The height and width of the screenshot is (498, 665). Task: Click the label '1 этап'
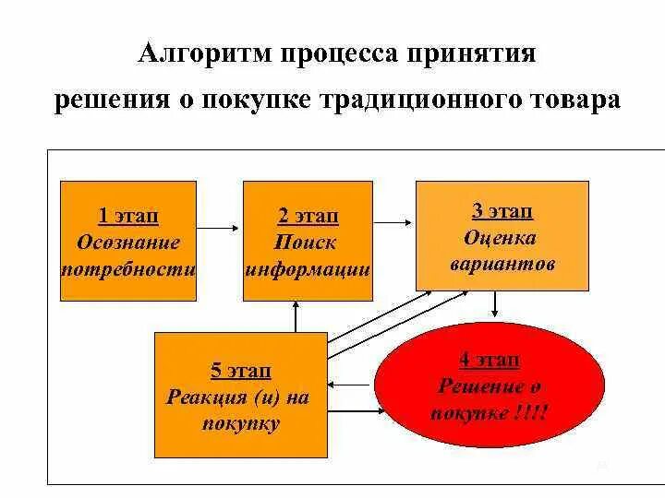point(128,216)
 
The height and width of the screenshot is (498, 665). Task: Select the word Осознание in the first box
point(128,243)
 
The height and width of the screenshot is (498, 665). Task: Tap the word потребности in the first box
point(128,270)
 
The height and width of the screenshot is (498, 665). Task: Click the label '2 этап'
point(308,216)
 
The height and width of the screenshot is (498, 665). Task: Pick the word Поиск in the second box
point(306,243)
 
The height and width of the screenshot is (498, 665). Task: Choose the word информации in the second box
point(308,270)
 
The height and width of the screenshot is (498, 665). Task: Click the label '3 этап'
point(502,211)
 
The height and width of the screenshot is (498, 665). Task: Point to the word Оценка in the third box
point(502,238)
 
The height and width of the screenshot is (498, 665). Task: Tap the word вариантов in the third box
point(502,265)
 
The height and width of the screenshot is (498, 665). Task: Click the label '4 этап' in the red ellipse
point(490,360)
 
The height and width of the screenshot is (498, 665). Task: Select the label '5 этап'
point(241,371)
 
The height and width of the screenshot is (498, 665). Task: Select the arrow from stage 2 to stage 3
point(394,221)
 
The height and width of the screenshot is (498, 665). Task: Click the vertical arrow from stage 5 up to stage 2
point(295,316)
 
